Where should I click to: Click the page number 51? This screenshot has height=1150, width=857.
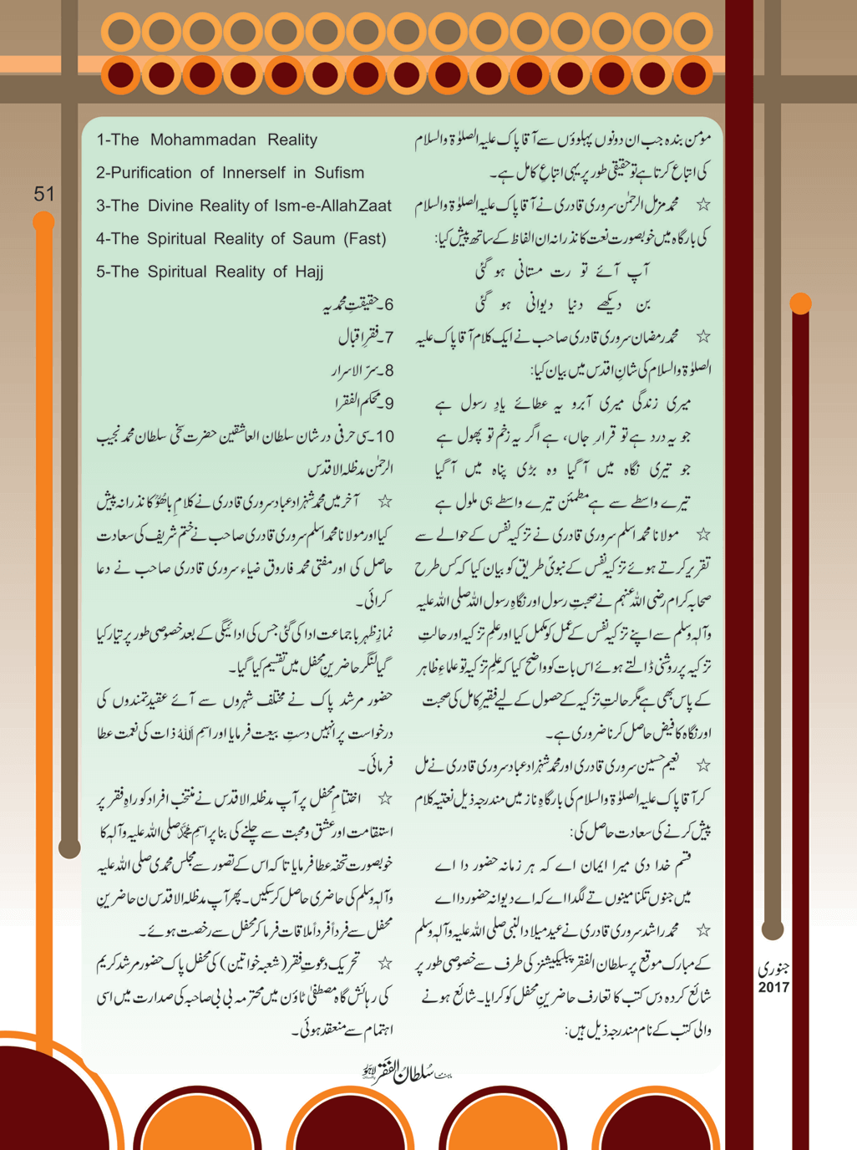coord(44,194)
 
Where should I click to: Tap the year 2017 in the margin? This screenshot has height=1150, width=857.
coord(773,987)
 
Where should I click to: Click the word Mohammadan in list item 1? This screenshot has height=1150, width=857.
coord(203,140)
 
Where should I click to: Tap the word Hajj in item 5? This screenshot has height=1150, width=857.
coord(306,272)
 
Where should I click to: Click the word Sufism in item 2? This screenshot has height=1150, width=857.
coord(339,173)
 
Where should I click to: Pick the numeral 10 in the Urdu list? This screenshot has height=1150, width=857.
coord(384,436)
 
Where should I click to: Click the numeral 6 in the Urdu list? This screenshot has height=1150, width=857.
coord(389,305)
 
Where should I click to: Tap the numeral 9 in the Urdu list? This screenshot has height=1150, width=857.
coord(389,404)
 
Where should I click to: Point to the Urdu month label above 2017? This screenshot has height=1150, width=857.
coord(773,969)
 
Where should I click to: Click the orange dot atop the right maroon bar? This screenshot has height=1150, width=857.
coord(800,303)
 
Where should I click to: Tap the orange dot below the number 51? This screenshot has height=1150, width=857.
coord(43,221)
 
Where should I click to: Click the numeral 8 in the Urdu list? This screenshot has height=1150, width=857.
coord(389,371)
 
